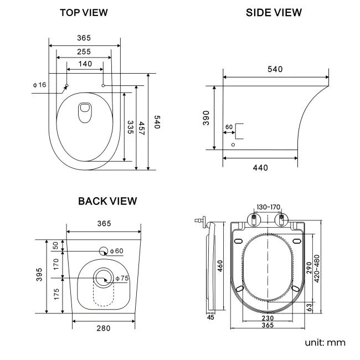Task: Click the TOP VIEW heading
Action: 84,12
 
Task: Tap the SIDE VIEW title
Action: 274,12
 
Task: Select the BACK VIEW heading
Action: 107,200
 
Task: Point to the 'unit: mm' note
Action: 325,342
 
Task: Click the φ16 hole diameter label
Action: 39,85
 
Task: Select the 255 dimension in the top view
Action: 84,51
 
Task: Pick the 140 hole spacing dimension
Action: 85,64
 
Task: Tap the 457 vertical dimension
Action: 142,131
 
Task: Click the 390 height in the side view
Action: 206,118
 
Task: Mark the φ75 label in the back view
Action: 121,278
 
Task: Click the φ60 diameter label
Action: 116,251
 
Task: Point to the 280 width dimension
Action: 104,328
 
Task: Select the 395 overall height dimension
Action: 40,276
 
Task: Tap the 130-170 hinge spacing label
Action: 268,207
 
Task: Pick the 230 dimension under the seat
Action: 268,318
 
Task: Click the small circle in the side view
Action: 233,145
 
